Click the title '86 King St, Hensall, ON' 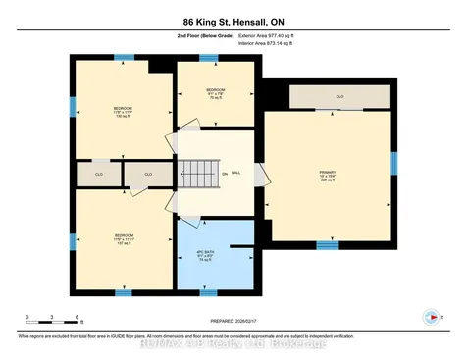233,21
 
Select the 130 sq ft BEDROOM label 123,111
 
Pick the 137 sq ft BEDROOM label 123,238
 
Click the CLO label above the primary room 339,97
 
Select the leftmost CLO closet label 99,175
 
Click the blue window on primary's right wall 392,163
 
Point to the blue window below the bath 208,292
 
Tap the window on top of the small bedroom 208,58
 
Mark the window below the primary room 327,245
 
